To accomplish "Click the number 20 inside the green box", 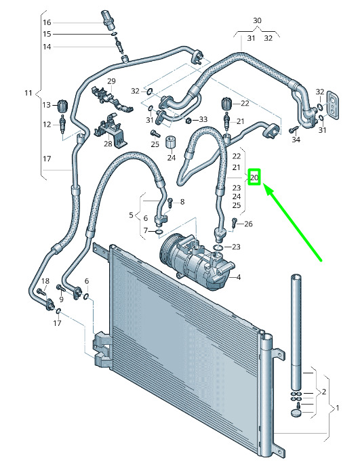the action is click(254, 177).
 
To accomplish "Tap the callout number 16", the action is click(47, 22).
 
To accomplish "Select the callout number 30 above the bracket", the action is click(257, 20).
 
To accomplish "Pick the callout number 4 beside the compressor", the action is click(239, 277).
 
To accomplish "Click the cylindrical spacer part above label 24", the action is click(171, 142).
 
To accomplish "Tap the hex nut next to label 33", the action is click(188, 121).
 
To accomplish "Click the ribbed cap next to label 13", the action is click(63, 105).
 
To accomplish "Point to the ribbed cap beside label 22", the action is click(227, 104).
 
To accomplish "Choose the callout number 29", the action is click(111, 81).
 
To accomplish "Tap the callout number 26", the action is click(248, 224).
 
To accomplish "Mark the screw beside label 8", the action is click(170, 202).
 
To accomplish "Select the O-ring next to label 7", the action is click(159, 232).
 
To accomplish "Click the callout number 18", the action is click(45, 281).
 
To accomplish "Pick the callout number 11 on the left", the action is click(28, 93).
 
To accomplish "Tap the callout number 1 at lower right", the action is click(338, 408).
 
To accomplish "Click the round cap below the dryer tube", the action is click(296, 413).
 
